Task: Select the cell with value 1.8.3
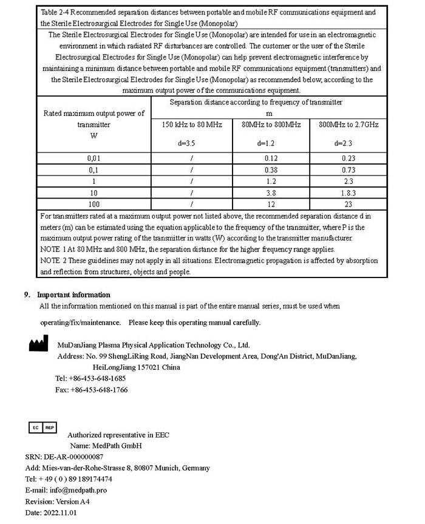pyautogui.click(x=348, y=193)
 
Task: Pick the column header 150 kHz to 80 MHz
pyautogui.click(x=192, y=124)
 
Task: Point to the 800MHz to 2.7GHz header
pyautogui.click(x=348, y=124)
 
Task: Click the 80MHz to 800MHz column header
pyautogui.click(x=271, y=124)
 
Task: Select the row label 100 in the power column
pyautogui.click(x=93, y=205)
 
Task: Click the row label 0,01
pyautogui.click(x=93, y=158)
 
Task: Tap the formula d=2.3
pyautogui.click(x=343, y=144)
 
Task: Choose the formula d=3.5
pyautogui.click(x=187, y=144)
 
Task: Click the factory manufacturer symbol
pyautogui.click(x=38, y=345)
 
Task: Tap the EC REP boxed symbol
pyautogui.click(x=42, y=427)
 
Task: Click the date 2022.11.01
pyautogui.click(x=59, y=512)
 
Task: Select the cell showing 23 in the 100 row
pyautogui.click(x=348, y=205)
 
